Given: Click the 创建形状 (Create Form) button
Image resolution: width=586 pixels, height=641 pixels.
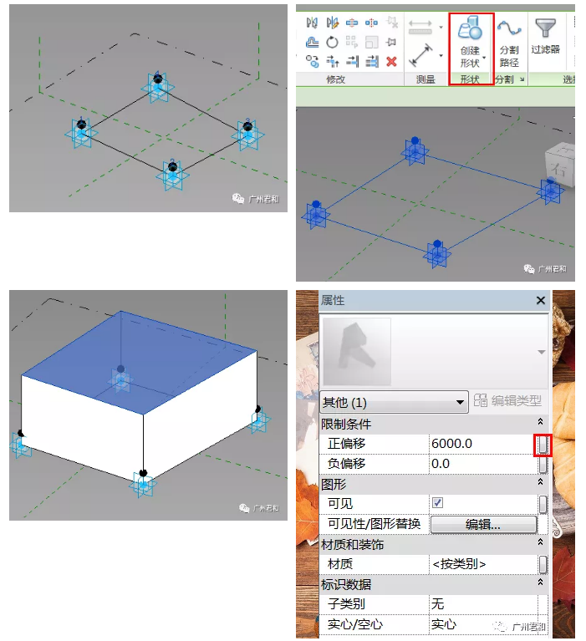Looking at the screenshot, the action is click(x=471, y=42).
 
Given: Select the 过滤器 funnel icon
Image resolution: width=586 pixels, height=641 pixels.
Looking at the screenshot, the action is click(x=546, y=28).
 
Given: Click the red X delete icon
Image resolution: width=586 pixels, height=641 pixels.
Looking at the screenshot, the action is click(x=391, y=62).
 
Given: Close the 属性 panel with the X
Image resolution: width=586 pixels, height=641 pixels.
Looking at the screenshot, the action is click(x=540, y=301).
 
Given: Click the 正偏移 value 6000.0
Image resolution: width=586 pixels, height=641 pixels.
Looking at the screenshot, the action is click(x=452, y=444).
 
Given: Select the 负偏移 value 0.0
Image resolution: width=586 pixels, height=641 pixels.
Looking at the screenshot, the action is click(x=441, y=464).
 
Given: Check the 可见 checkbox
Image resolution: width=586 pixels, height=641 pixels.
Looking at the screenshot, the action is click(x=437, y=502).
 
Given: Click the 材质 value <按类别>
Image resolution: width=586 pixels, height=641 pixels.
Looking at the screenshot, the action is click(x=459, y=564).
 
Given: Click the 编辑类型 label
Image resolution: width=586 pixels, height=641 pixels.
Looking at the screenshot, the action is click(x=517, y=400).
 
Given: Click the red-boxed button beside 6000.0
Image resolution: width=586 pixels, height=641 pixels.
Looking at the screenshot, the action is click(x=543, y=445).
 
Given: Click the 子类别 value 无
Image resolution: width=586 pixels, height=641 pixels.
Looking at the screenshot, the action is click(x=437, y=603).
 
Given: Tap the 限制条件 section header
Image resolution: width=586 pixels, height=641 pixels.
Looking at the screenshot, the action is click(x=346, y=425).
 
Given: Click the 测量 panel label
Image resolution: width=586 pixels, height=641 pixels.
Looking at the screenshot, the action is click(x=425, y=79).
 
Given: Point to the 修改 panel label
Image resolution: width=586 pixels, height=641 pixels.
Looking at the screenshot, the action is click(x=335, y=79).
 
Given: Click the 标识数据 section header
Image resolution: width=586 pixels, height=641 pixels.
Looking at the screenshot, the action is click(x=346, y=584).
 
